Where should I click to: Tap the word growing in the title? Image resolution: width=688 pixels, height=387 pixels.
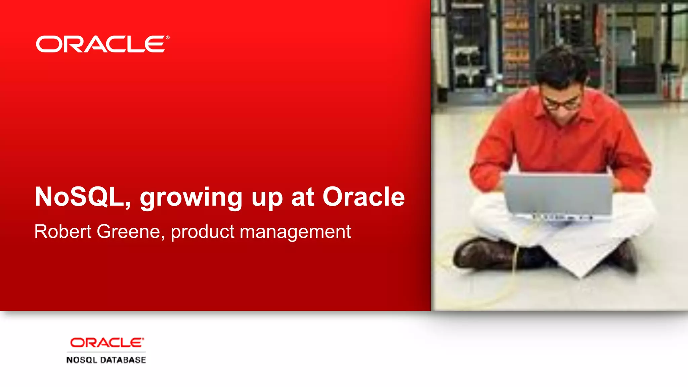(190, 198)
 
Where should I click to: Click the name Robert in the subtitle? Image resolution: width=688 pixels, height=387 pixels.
(63, 231)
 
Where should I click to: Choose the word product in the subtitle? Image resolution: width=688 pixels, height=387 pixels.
(203, 232)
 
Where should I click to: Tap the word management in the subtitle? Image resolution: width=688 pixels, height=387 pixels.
(295, 232)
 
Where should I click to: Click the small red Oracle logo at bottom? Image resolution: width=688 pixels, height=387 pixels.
(106, 343)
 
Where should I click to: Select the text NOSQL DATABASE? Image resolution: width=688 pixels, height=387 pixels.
(106, 360)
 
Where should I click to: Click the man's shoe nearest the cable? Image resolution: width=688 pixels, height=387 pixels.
(484, 254)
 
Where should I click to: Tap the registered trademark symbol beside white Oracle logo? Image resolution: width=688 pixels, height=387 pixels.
(167, 38)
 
